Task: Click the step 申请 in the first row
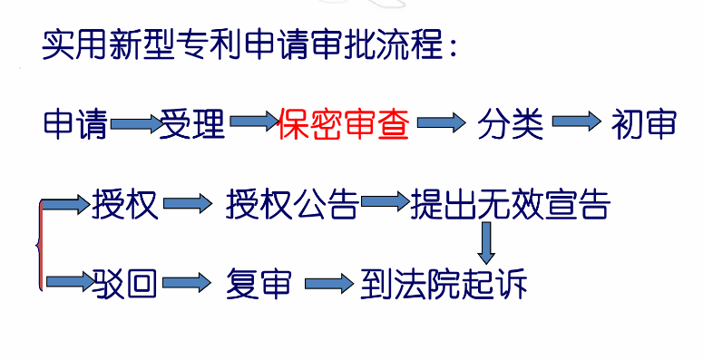coord(76,123)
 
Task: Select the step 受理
coord(193,123)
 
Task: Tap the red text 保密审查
coord(344,123)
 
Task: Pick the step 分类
coord(511,124)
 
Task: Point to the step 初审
coord(644,124)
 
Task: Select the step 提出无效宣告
coord(510,205)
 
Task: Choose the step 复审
coord(259,284)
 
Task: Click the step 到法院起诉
coord(444,284)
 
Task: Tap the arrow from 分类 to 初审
coord(578,122)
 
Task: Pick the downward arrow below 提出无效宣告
coord(487,241)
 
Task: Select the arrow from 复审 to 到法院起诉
coord(327,284)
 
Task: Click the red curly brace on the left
coord(38,245)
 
